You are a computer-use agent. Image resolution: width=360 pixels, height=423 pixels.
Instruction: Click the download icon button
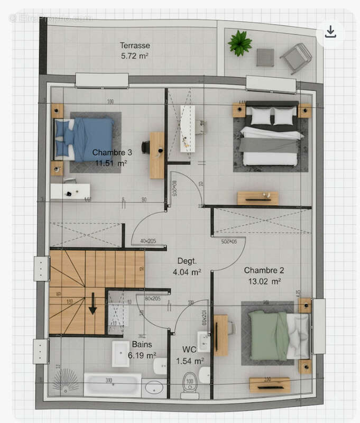[x=330, y=32]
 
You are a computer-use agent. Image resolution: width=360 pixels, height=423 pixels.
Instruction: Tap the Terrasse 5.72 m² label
[x=135, y=50]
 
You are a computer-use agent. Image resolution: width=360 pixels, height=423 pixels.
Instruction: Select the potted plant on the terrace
[x=240, y=43]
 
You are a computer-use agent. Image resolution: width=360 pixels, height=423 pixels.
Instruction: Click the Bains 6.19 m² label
[x=142, y=350]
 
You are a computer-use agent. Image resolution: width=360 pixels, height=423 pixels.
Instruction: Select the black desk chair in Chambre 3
[x=145, y=147]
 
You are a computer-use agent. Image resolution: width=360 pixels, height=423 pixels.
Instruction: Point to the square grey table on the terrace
[x=265, y=57]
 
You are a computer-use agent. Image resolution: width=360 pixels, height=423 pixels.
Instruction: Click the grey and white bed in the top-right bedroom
[x=270, y=136]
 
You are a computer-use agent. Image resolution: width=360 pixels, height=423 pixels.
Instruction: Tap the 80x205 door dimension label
[x=152, y=299]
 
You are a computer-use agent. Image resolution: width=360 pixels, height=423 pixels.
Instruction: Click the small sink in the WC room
[x=203, y=342]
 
